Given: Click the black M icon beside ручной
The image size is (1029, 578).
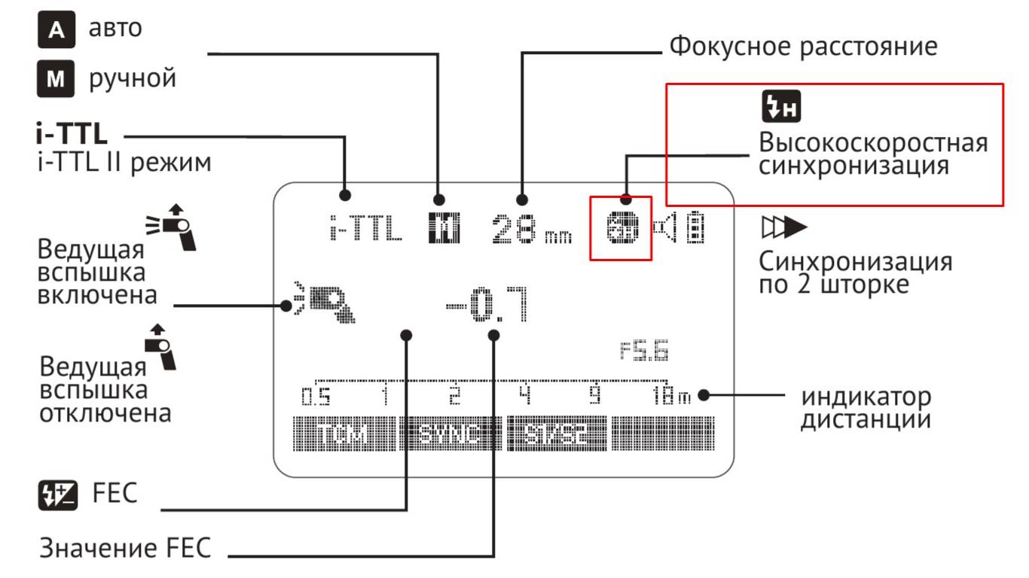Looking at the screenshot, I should pos(56,78).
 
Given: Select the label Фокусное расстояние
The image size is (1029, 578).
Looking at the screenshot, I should pos(804,47).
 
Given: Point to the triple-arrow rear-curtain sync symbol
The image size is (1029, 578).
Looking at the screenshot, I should pos(783,227).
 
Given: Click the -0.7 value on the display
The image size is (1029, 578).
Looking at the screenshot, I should pos(487,304).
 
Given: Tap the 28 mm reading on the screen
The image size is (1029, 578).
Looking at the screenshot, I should pos(531,230).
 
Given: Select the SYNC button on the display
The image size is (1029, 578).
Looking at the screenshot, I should pos(450,435).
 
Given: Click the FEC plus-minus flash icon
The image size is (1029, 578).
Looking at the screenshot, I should pos(56,495).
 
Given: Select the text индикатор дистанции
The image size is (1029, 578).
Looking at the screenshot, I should pos(866,407).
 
